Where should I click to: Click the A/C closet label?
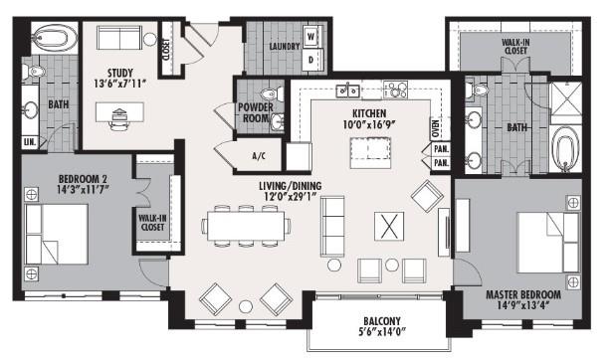pos(260,155)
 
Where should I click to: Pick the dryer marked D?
pos(310,59)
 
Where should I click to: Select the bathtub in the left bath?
pos(49,42)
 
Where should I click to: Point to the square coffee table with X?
pos(388,226)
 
